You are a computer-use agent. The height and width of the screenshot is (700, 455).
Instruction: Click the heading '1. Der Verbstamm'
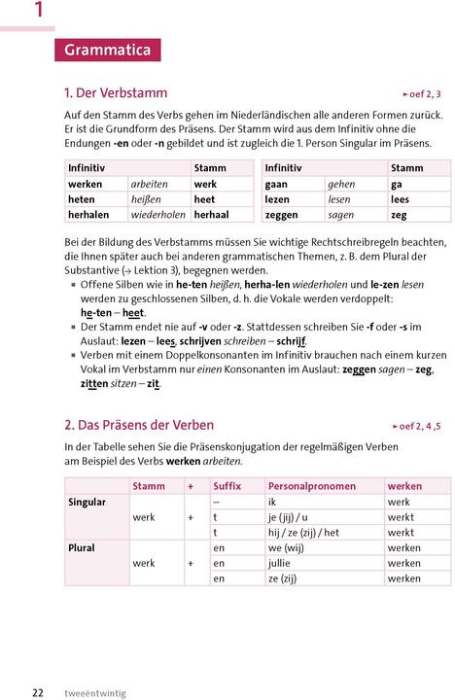coord(116,93)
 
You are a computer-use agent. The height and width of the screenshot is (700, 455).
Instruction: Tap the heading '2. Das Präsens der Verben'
coord(139,425)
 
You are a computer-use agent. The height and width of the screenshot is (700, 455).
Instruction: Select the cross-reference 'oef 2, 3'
coord(422,94)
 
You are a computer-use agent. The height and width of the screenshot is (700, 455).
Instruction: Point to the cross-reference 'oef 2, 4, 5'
coord(416,426)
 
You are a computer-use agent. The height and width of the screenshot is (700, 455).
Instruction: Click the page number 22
coord(38,692)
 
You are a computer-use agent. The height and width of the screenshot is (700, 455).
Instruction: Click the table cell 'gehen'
coord(341,184)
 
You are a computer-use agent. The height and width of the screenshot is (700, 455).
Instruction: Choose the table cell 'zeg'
coord(399,214)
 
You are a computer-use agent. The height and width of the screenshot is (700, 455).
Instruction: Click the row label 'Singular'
coord(87,502)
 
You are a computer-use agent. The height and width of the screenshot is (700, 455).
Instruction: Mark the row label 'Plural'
coord(82,547)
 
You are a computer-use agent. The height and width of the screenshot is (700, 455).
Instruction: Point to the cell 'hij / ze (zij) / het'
coord(303,533)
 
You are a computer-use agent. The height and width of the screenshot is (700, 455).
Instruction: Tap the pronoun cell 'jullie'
coord(280,563)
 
